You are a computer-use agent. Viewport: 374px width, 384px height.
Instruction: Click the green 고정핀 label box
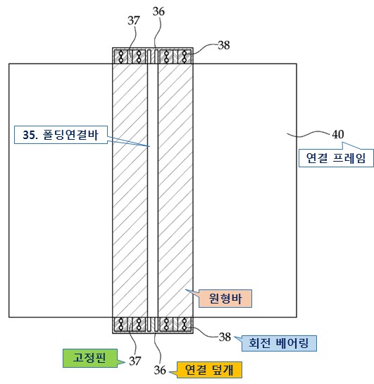(90, 358)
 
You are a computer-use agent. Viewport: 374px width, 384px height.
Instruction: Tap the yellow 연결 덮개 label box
(209, 370)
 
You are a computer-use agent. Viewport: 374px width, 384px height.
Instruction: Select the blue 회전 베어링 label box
(279, 343)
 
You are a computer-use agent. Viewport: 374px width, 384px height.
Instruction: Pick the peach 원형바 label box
(225, 299)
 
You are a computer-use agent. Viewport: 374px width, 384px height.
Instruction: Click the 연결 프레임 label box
(336, 158)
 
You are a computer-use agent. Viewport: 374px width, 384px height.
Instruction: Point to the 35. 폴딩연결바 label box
(61, 135)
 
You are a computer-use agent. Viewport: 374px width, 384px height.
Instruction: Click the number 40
(338, 134)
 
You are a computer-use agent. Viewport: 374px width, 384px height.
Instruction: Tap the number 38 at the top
(224, 45)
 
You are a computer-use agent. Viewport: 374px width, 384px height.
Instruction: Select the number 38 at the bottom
(225, 337)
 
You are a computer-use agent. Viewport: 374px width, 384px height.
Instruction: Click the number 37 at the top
(134, 20)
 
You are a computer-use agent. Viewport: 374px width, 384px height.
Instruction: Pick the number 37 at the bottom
(135, 361)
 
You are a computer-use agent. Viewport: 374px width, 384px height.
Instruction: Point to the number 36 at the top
(158, 11)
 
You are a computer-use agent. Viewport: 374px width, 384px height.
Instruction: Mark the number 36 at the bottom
(160, 370)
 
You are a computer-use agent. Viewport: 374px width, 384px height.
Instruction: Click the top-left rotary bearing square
(121, 56)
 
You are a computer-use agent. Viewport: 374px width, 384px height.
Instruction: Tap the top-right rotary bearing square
(185, 56)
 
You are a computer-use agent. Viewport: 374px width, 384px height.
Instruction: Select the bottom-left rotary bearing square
(121, 324)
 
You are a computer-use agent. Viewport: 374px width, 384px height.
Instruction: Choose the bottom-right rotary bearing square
(185, 324)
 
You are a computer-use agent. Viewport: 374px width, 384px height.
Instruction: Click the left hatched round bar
(130, 191)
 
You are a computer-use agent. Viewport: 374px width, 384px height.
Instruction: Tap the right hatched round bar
(175, 191)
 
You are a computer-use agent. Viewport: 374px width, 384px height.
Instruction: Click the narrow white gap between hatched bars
(153, 191)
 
